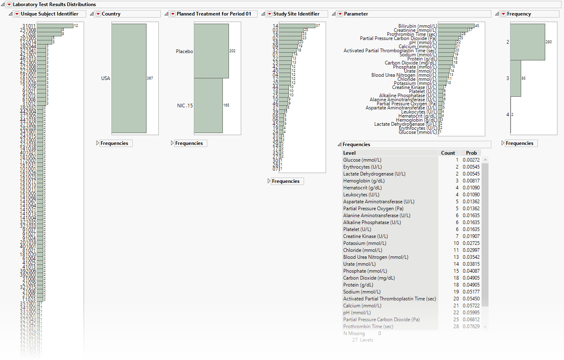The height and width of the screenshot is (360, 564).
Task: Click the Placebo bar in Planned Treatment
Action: point(211,51)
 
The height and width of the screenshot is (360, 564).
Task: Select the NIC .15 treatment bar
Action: point(208,105)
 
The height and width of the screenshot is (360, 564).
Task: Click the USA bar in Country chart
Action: point(129,78)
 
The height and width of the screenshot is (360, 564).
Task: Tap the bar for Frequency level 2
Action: point(527,42)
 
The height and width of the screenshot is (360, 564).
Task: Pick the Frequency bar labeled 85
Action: point(515,78)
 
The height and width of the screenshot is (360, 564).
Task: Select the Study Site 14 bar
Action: point(297,26)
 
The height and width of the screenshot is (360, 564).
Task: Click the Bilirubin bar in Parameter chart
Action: point(456,26)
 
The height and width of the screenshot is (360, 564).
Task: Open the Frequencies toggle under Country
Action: point(98,143)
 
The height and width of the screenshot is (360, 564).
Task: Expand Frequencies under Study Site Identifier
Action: point(269,181)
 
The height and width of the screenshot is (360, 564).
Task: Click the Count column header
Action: point(448,153)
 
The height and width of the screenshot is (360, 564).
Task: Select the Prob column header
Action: point(471,153)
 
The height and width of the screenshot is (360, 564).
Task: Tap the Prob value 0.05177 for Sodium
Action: point(471,292)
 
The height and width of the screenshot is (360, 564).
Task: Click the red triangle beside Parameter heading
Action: point(340,14)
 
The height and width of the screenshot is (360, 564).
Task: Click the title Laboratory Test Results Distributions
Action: point(54,4)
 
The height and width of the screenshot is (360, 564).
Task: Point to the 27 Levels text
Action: point(362,340)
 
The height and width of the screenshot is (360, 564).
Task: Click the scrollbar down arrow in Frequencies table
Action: point(485,327)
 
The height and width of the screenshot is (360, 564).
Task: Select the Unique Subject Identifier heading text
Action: point(49,14)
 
